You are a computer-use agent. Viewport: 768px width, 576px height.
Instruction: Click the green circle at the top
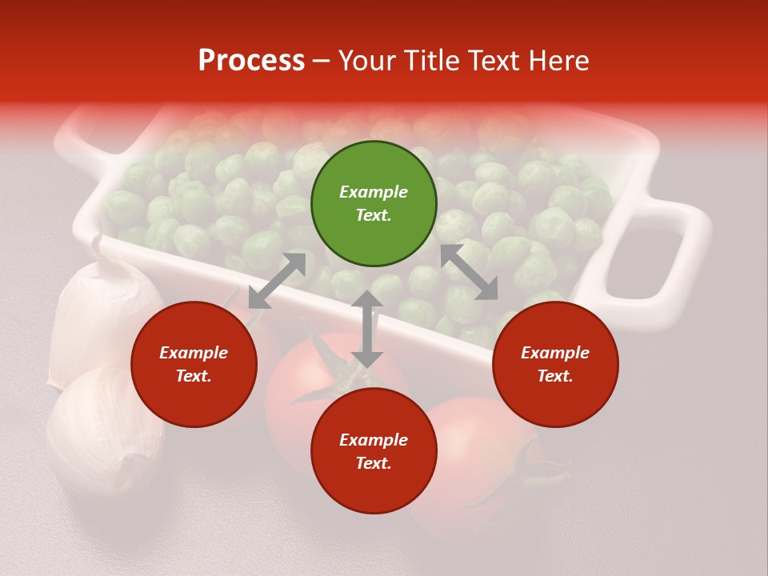[x=374, y=204]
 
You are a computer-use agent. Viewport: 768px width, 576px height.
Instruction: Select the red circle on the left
[x=194, y=364]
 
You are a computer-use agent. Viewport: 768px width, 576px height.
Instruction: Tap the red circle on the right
[x=555, y=364]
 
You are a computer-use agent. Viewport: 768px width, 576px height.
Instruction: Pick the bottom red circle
[x=374, y=451]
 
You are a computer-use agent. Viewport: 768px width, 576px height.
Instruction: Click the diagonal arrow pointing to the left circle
[x=277, y=281]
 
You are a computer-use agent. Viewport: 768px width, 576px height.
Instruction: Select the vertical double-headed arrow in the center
[x=367, y=329]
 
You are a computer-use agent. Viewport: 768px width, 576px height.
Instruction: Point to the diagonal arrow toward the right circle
[x=469, y=272]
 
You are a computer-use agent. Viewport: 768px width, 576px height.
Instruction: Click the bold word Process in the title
[x=251, y=61]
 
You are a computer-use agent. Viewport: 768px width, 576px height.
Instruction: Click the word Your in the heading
[x=367, y=61]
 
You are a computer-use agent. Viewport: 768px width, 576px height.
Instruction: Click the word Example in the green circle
[x=374, y=192]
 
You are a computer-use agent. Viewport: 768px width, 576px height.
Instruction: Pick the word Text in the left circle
[x=194, y=376]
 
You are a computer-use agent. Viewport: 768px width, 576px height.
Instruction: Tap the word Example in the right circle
[x=555, y=353]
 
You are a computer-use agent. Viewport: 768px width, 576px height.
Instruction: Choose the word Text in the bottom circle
[x=374, y=463]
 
